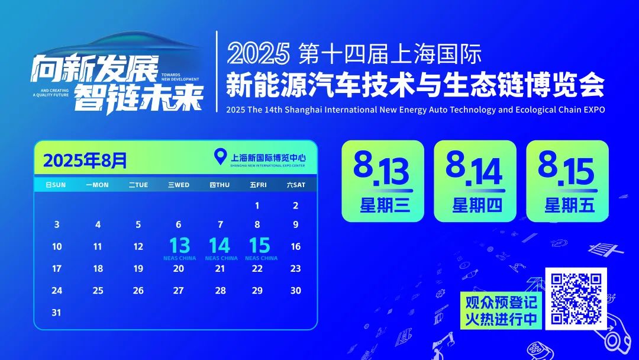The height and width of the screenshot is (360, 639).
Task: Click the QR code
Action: pos(576,298)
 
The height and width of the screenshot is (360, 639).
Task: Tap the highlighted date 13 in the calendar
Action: pos(179,245)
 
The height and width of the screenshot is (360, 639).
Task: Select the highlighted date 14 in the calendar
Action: pos(220,245)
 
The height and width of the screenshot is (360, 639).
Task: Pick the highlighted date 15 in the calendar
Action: pos(259,245)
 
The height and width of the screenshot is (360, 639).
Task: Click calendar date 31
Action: pos(56,313)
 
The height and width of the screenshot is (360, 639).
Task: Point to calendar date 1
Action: pos(257,206)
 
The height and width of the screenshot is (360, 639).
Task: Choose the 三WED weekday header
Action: pos(179,185)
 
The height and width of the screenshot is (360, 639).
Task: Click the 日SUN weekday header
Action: pos(56,185)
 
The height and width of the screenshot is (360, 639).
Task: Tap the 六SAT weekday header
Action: pos(296,185)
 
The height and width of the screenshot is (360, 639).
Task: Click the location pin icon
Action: pos(220,157)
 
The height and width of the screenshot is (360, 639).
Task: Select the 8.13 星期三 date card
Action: pos(383,181)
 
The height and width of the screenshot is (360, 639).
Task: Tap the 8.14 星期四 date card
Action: pos(475,181)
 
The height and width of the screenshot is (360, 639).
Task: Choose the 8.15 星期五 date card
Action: pos(567,181)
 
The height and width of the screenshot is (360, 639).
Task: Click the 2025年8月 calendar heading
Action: pos(85,160)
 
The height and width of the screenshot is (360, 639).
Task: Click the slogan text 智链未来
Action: pos(138,98)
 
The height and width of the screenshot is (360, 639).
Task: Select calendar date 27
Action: pos(178,291)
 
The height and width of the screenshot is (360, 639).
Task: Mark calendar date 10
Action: pos(57,247)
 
